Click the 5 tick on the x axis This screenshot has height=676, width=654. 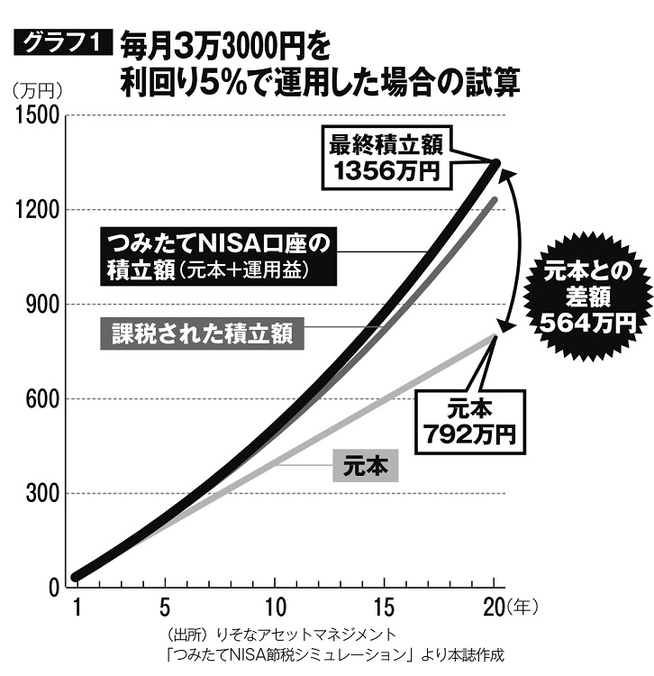[x=165, y=606]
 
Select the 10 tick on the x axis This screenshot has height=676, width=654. [x=276, y=606]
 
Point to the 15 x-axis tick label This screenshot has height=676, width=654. [x=386, y=606]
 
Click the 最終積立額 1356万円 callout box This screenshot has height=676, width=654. [x=388, y=157]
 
